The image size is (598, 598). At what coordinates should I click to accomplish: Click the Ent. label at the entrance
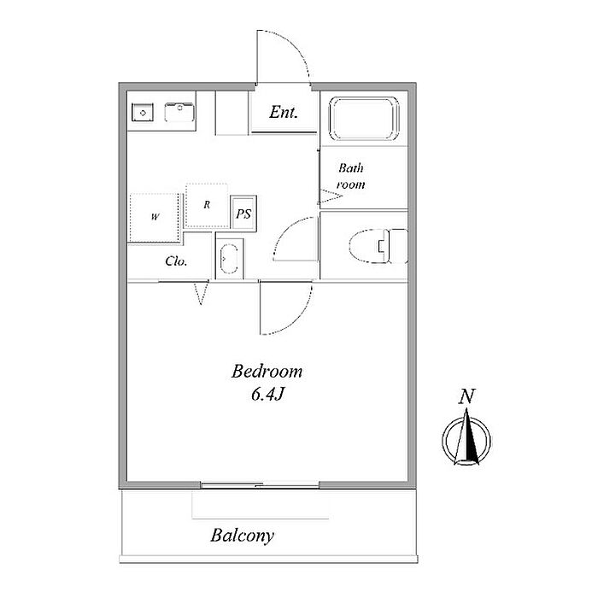[283, 112]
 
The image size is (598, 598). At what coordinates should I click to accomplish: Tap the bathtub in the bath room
[364, 119]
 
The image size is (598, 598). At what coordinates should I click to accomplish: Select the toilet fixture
[378, 246]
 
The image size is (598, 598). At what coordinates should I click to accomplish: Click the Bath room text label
[350, 176]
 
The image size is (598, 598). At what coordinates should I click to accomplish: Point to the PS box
[243, 214]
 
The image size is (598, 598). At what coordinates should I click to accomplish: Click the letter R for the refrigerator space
[207, 205]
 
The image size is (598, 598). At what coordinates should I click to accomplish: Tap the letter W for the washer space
[155, 217]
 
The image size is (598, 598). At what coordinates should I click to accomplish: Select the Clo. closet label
[176, 261]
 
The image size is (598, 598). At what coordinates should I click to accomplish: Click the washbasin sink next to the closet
[229, 259]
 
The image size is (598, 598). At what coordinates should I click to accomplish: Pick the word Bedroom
[267, 372]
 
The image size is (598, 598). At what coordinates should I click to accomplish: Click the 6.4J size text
[267, 395]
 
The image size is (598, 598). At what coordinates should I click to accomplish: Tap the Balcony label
[242, 536]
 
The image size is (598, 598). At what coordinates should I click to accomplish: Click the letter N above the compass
[466, 396]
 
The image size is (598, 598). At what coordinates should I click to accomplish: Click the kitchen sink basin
[179, 112]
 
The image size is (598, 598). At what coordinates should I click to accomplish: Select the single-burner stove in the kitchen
[143, 113]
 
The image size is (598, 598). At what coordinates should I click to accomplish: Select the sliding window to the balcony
[260, 485]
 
